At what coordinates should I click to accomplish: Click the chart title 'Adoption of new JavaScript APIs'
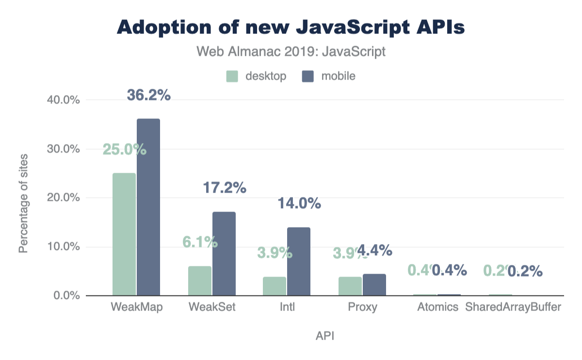click(291, 27)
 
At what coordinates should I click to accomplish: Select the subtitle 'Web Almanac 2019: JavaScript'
click(291, 51)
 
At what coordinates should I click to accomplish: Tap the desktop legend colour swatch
click(232, 76)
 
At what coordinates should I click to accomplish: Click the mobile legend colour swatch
click(308, 76)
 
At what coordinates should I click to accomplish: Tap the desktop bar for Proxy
click(350, 286)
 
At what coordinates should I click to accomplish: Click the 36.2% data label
click(149, 96)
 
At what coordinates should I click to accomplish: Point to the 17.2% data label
click(225, 188)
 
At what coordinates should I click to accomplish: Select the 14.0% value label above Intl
click(299, 203)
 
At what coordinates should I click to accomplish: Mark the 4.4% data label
click(374, 250)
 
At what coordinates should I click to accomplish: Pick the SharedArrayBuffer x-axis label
click(513, 308)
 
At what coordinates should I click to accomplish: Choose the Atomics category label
click(438, 308)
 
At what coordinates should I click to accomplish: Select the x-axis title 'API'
click(324, 336)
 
